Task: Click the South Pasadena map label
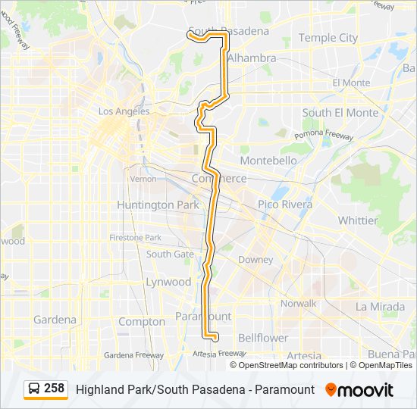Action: coord(228,31)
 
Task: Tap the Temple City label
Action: coord(328,37)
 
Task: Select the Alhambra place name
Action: coord(252,58)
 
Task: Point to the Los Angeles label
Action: coord(124,111)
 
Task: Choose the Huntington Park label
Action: coord(158,204)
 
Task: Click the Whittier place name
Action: coord(358,220)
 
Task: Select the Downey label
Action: coord(256,260)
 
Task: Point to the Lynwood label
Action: coord(168,282)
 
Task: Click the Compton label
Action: coord(142,321)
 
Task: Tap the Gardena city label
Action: coord(55,320)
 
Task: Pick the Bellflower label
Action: coord(263,337)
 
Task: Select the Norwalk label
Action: coord(299,303)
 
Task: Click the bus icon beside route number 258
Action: coord(34,389)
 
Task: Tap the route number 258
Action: coord(55,389)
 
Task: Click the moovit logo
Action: coord(359,390)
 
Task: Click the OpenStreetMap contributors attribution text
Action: coord(291,365)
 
